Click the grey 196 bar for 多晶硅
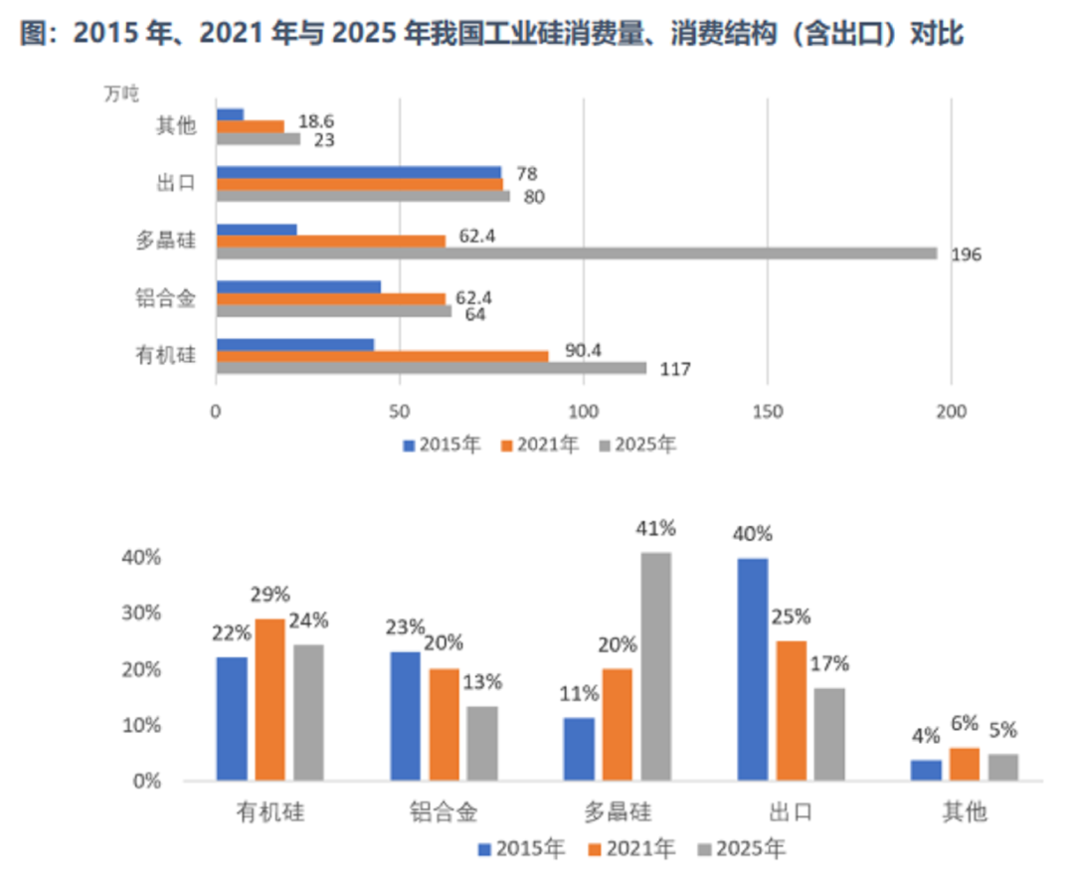[577, 254]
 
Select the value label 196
[967, 256]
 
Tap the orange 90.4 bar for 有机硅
[382, 356]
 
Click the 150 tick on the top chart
[767, 411]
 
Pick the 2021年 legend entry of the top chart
[539, 444]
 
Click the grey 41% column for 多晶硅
[656, 666]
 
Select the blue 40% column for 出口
[753, 669]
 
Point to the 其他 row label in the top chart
[176, 126]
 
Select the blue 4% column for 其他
[926, 771]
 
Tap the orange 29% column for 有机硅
[269, 699]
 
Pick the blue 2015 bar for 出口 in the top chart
[358, 172]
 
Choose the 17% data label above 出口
[829, 664]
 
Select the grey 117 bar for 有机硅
[431, 368]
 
